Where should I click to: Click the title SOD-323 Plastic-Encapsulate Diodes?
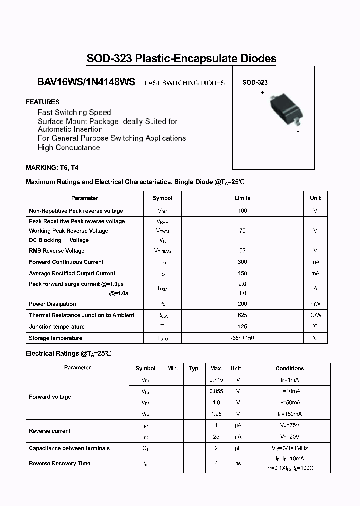pos(181,59)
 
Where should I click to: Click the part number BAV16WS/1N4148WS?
pos(86,83)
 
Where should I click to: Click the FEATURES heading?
pos(43,102)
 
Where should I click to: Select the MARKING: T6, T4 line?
pos(52,168)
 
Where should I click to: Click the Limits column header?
pos(242,198)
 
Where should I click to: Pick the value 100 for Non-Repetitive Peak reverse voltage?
pos(242,211)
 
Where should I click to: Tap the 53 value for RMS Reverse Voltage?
pos(242,251)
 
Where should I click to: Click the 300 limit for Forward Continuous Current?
pos(242,262)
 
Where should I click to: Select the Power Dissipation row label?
pos(52,304)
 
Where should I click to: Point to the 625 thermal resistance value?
pos(242,315)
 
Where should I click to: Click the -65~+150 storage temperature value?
pos(242,338)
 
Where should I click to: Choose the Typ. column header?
pos(194,368)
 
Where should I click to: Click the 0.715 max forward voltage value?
pos(216,380)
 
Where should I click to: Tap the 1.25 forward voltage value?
pos(216,414)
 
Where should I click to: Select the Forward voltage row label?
pos(50,397)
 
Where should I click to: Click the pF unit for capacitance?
pos(238,448)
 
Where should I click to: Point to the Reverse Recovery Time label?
pos(59,463)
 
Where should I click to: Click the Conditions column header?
pos(290,368)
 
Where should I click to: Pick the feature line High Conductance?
pos(69,148)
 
